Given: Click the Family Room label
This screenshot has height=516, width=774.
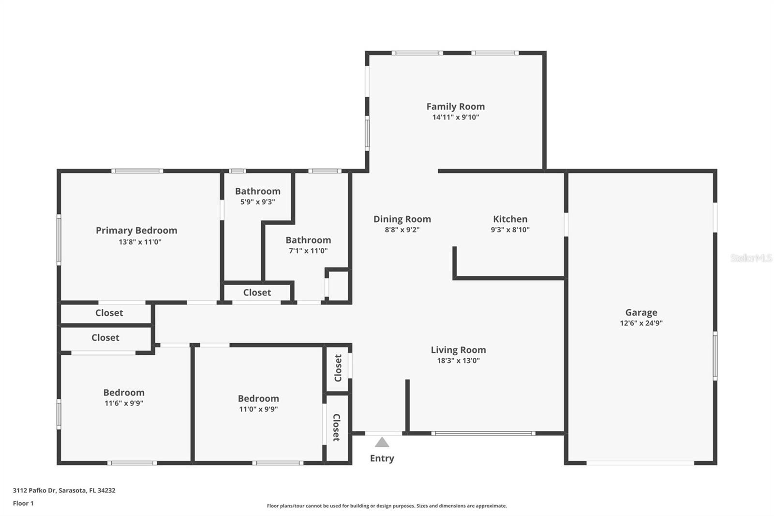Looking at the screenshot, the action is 455,106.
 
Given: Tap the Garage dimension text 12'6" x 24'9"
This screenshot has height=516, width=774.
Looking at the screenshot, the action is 641,323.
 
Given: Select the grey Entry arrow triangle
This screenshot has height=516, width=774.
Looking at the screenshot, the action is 382,442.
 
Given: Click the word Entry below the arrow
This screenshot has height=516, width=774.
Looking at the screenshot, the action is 382,458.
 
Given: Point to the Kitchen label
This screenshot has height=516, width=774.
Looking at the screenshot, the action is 510,219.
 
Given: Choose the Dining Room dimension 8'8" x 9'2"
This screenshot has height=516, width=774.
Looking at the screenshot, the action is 402,229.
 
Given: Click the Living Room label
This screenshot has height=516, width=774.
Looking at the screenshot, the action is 458,349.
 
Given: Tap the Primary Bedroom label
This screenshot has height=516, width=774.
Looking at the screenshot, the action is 136,230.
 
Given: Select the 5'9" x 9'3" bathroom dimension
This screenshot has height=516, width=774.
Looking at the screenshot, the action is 257,202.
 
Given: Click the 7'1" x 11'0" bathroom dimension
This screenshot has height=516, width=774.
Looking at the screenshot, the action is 308,251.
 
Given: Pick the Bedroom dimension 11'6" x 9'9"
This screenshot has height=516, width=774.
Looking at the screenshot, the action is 124,403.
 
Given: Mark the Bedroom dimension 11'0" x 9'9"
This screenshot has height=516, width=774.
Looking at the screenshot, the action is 258,409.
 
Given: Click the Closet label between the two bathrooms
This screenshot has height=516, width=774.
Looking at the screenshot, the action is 257,292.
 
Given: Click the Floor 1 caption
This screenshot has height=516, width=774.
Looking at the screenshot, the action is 23,503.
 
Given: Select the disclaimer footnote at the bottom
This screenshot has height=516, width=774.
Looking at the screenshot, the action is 387,506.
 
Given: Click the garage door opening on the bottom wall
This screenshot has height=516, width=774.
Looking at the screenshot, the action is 640,463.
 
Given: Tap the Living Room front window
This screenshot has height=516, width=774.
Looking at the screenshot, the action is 483,433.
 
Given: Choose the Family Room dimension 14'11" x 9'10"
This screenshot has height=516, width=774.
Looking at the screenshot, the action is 455,117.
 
